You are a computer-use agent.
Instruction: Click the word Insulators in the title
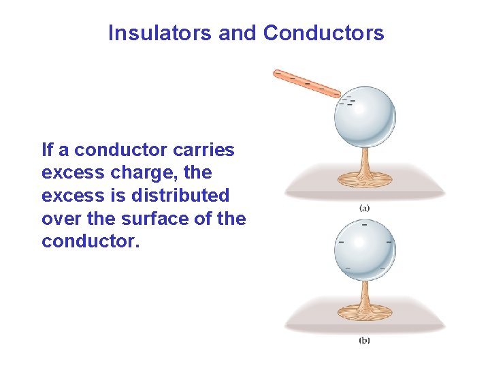[160, 33]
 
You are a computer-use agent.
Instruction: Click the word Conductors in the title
[323, 33]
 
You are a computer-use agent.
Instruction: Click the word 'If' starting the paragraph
[47, 149]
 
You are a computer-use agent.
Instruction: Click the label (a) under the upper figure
[364, 208]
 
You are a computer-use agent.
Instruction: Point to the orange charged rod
[306, 83]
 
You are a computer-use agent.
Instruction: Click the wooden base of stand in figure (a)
[365, 179]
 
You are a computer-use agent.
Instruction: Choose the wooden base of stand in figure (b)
[365, 311]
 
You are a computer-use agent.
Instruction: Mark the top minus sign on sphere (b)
[365, 224]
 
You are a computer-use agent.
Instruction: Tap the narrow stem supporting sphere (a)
[365, 158]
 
